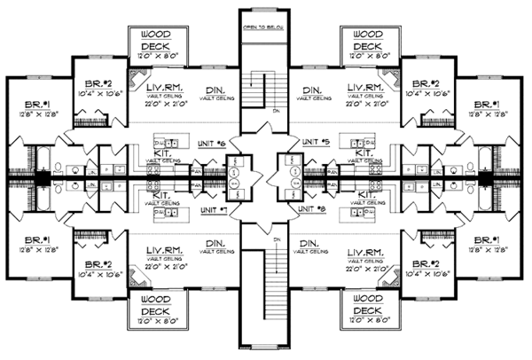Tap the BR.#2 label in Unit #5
point(422,79)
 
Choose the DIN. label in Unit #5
point(311,90)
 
